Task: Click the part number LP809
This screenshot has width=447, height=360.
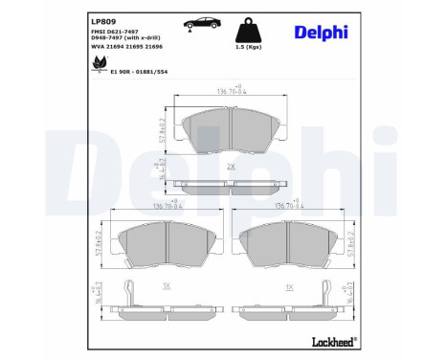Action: click(x=103, y=18)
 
